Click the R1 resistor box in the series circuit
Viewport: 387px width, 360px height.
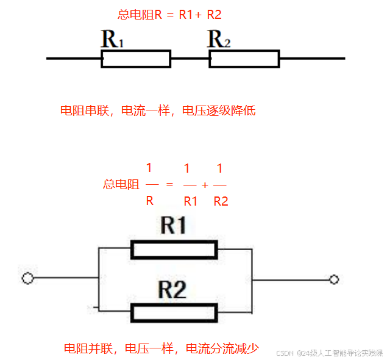click(x=135, y=59)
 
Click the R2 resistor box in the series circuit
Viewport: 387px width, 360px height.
click(x=244, y=59)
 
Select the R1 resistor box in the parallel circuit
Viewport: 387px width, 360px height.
click(x=174, y=250)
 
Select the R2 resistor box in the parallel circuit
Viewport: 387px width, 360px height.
click(x=174, y=313)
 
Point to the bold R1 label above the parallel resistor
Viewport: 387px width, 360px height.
click(x=173, y=226)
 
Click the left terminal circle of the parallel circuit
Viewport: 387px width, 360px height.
click(x=27, y=279)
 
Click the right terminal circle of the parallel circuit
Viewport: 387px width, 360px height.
click(x=333, y=279)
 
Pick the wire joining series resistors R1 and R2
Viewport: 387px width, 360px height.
click(x=190, y=59)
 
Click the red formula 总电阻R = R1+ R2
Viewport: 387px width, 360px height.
click(x=169, y=15)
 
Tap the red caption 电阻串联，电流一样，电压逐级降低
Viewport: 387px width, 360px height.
click(x=157, y=110)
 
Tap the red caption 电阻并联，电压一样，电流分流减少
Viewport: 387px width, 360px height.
click(x=162, y=349)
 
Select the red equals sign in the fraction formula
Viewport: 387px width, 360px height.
click(x=169, y=184)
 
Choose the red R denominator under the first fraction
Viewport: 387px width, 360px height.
click(x=149, y=200)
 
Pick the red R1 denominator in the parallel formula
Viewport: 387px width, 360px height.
click(x=191, y=201)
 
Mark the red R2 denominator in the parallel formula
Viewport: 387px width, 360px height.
click(x=221, y=201)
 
